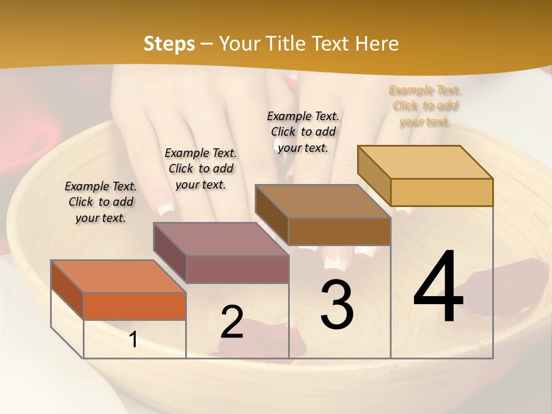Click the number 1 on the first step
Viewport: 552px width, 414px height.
coord(133,340)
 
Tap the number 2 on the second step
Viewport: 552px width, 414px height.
coord(232,322)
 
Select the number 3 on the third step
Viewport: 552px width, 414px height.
coord(336,305)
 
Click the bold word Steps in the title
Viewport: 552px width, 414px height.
coord(169,44)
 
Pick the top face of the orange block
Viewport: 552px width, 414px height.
coord(118,277)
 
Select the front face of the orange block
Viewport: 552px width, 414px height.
coord(135,306)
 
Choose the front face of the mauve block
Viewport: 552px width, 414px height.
coord(237,269)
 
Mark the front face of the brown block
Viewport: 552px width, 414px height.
coord(339,231)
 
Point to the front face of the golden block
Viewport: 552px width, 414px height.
coord(442,192)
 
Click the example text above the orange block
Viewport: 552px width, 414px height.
coord(101,202)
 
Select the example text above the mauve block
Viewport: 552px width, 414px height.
coord(201,168)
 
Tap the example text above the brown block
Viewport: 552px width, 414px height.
coord(303,132)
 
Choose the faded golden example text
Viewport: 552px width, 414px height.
coord(425,106)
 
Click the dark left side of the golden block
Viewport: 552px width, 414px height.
coord(374,175)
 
